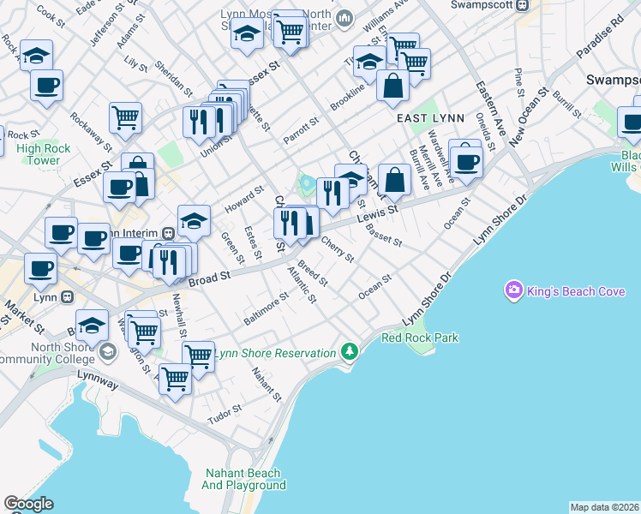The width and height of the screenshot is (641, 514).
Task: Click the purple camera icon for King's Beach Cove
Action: coord(514,291)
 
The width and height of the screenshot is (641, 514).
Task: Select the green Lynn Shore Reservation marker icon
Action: coord(349,351)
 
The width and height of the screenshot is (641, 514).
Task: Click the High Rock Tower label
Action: coord(38,154)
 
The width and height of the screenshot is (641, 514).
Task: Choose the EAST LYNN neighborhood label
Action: coord(430,117)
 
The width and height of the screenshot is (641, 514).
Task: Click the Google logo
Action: coord(28,504)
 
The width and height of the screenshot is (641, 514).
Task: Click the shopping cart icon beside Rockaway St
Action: coord(125,117)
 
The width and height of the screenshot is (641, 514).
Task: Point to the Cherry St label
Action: coord(337,249)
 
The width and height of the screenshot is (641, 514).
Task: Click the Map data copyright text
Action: coord(605,507)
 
